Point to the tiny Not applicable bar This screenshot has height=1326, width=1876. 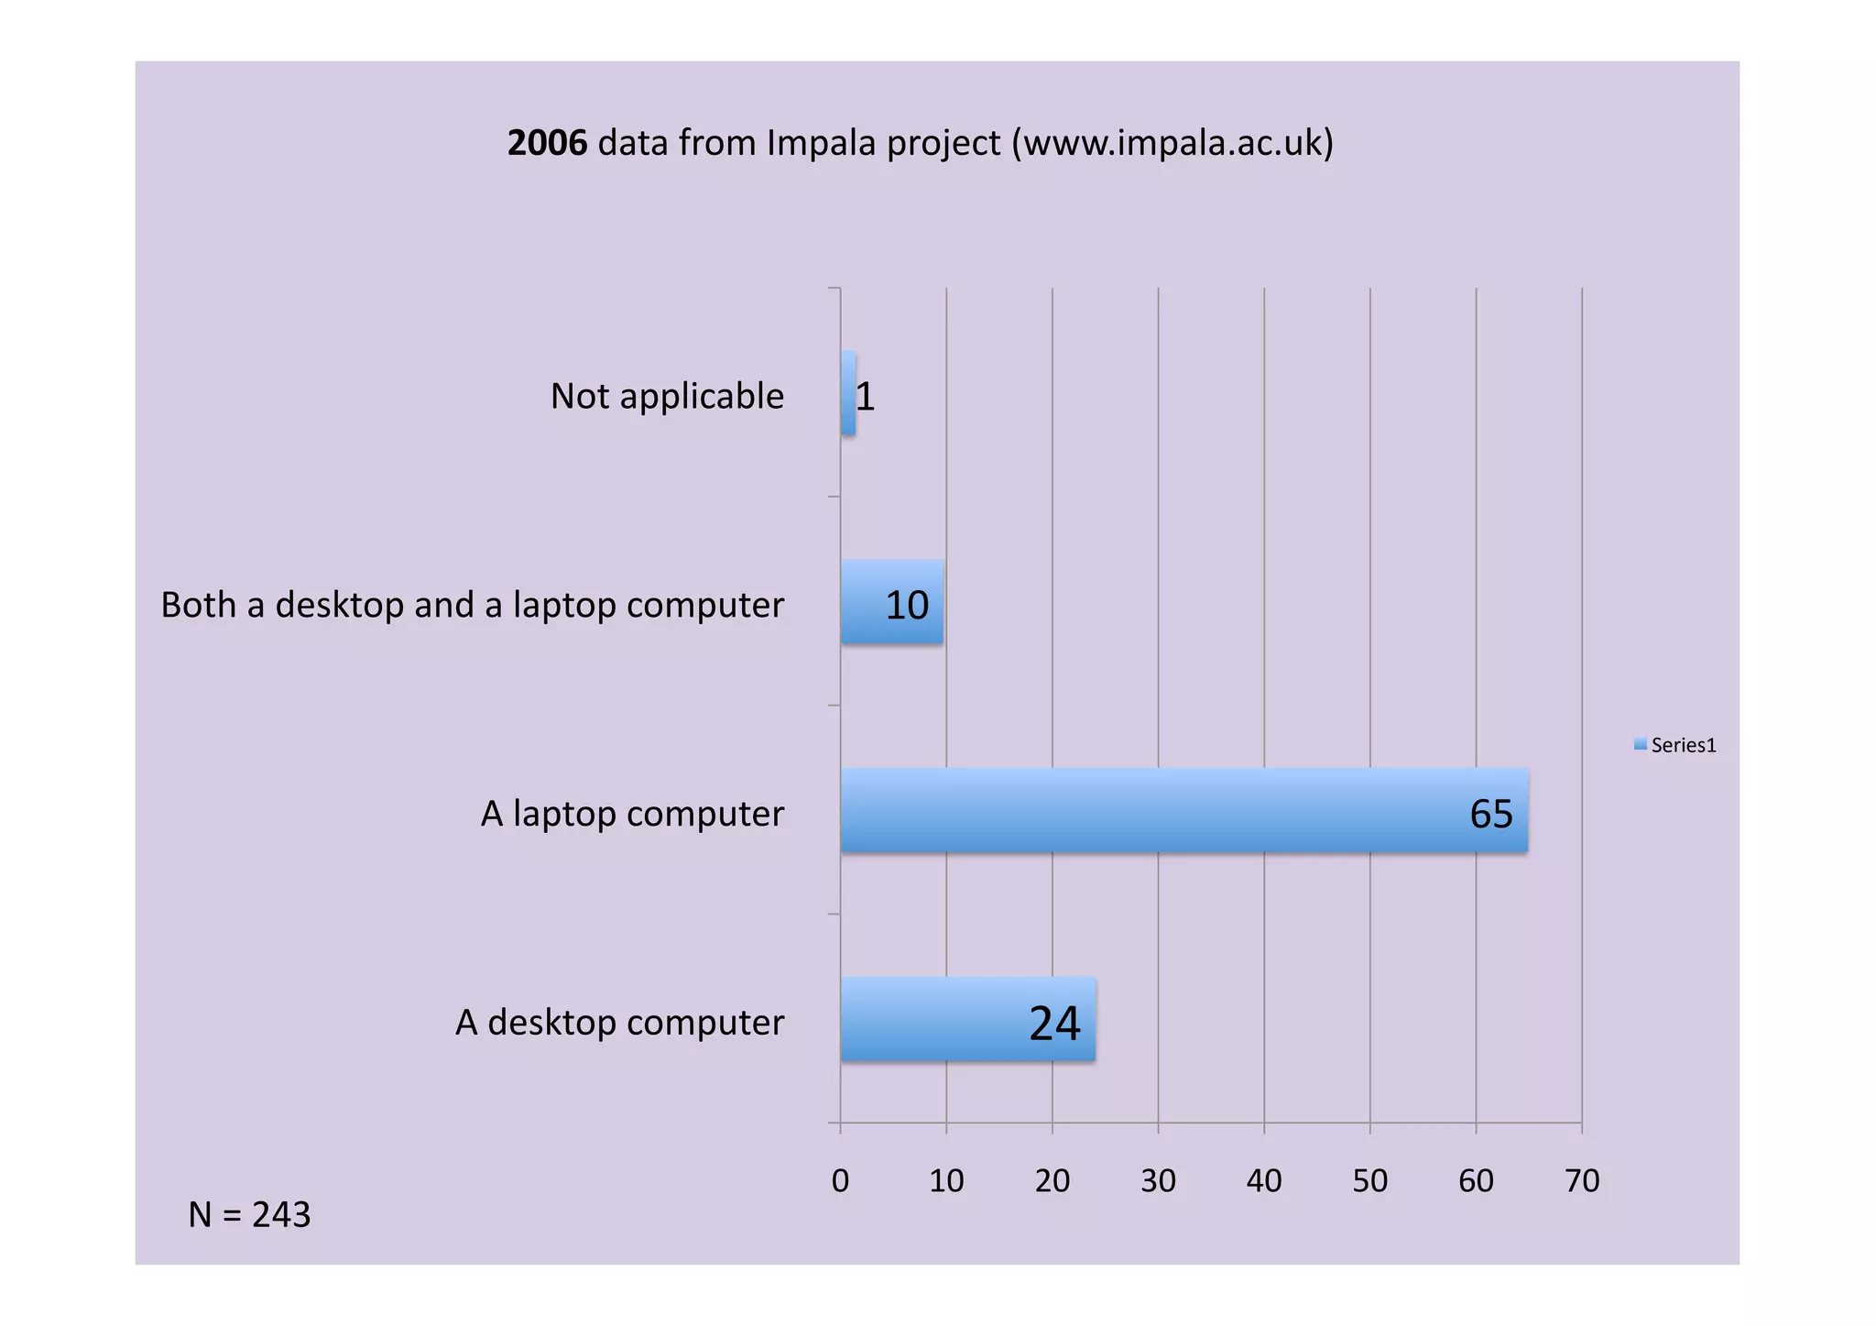[x=848, y=393]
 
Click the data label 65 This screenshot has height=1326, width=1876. [x=1490, y=814]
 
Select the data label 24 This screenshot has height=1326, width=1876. [x=1054, y=1023]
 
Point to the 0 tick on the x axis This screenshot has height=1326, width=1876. [x=840, y=1180]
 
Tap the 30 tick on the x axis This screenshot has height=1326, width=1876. [x=1158, y=1180]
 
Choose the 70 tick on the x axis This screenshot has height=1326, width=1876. [x=1582, y=1180]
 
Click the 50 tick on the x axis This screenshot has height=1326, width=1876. [x=1369, y=1180]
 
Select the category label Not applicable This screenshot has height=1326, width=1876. [x=667, y=396]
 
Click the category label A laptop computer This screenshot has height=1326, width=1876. [x=632, y=814]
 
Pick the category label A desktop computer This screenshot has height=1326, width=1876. [x=619, y=1023]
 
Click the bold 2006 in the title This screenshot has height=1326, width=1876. [x=547, y=143]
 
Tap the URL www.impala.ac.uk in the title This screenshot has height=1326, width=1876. [x=1172, y=143]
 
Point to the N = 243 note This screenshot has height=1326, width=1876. [x=249, y=1214]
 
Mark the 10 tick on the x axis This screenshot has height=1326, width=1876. [x=946, y=1180]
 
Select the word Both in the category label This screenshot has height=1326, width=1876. [x=198, y=605]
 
